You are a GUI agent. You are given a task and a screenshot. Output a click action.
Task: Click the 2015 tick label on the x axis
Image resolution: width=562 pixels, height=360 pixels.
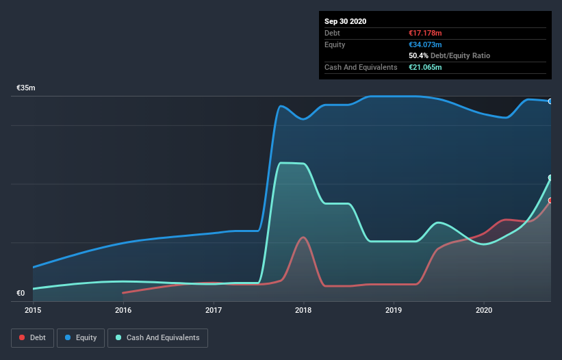(x=33, y=310)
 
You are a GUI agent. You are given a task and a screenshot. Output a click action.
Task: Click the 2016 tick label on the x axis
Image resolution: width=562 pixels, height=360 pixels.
(x=123, y=310)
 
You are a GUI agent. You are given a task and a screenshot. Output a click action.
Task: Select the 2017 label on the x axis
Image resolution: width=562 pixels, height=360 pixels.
(x=214, y=310)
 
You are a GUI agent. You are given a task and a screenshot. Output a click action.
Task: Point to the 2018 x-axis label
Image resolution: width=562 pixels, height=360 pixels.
(x=303, y=310)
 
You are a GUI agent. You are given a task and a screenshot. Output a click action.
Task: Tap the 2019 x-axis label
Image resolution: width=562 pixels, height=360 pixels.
(x=394, y=310)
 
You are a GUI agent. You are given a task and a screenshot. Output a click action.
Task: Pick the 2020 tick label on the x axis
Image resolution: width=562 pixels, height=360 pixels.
(x=484, y=310)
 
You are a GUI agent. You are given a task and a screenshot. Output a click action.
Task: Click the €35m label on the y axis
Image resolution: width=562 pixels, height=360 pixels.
(x=26, y=88)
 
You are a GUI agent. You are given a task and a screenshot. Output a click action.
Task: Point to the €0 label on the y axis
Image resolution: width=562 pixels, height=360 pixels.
(x=21, y=294)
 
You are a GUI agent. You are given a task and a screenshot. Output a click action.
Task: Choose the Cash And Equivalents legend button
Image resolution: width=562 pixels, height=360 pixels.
(x=157, y=337)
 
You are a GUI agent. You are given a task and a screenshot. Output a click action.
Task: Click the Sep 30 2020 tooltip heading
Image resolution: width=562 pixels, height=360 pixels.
(x=346, y=21)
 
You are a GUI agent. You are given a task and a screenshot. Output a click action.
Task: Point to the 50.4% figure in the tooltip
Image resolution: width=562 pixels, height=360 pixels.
(x=418, y=55)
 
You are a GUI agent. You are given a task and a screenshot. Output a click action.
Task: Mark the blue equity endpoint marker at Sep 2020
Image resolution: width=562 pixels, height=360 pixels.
(x=550, y=101)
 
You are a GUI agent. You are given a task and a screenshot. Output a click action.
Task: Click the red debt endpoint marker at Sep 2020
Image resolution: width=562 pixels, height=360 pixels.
(x=550, y=201)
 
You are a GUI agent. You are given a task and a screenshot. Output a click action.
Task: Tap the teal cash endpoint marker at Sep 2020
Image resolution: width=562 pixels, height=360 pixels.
(x=550, y=178)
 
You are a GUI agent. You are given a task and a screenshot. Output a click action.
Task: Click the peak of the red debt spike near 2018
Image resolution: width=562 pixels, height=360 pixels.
(x=303, y=237)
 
